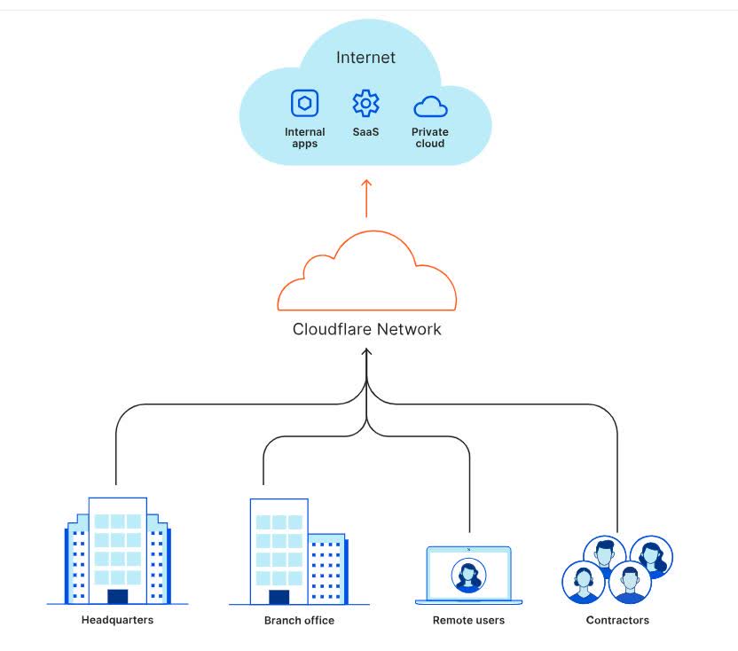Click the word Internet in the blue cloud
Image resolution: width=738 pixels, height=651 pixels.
pyautogui.click(x=365, y=59)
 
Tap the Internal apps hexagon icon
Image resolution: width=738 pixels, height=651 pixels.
pyautogui.click(x=304, y=104)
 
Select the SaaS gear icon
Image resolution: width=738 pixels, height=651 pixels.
pyautogui.click(x=365, y=104)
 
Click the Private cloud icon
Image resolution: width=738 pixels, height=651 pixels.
pyautogui.click(x=430, y=107)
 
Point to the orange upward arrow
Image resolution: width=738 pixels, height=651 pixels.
pyautogui.click(x=366, y=197)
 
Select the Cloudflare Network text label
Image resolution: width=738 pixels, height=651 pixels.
pyautogui.click(x=366, y=329)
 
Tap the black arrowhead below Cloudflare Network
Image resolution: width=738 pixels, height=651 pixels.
pyautogui.click(x=366, y=353)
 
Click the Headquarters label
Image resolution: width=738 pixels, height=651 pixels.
pyautogui.click(x=117, y=620)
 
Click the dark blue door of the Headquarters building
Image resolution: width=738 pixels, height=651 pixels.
pyautogui.click(x=117, y=596)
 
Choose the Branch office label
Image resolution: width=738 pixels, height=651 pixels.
pyautogui.click(x=299, y=621)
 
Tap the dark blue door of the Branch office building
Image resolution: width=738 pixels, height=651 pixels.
pyautogui.click(x=279, y=597)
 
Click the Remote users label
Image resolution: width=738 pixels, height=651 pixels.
pyautogui.click(x=468, y=621)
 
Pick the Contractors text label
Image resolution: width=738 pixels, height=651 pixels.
pyautogui.click(x=617, y=621)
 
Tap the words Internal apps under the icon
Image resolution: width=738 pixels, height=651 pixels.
pyautogui.click(x=304, y=137)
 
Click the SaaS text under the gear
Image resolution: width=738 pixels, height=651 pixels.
pyautogui.click(x=365, y=132)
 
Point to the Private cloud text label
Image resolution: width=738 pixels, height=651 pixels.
pyautogui.click(x=430, y=137)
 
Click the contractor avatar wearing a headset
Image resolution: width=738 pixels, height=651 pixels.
pyautogui.click(x=584, y=582)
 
